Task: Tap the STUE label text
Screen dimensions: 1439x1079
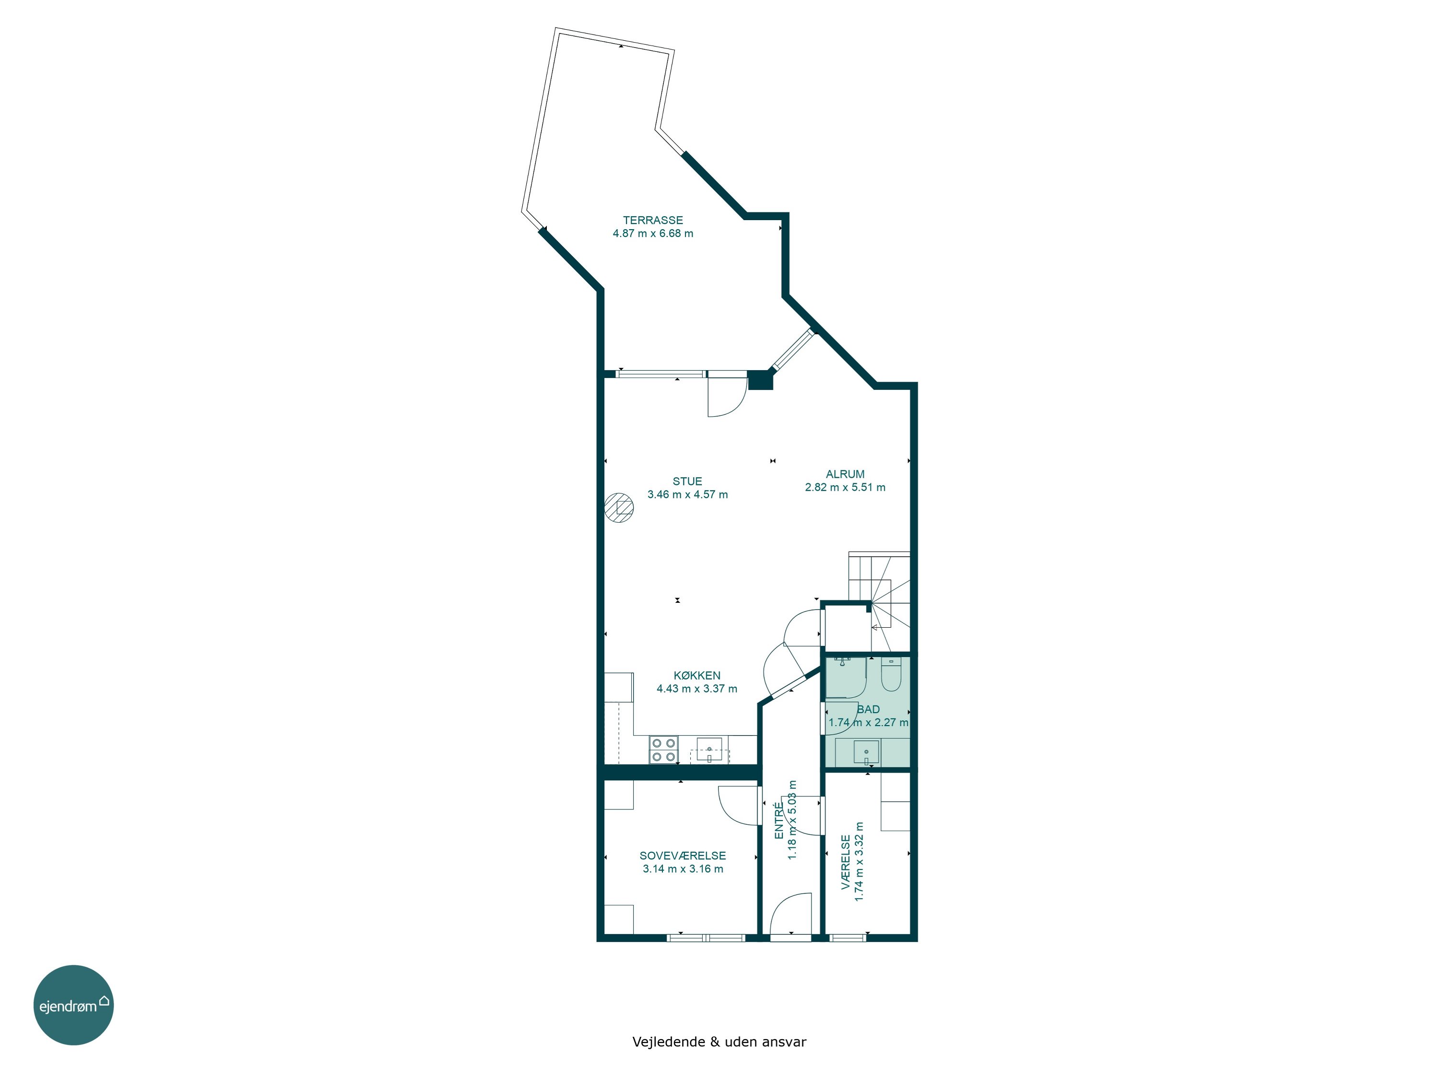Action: [687, 481]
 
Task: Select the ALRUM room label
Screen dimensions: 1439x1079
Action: [845, 474]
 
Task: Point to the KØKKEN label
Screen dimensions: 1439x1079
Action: [697, 676]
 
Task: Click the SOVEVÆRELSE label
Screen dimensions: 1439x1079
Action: [683, 856]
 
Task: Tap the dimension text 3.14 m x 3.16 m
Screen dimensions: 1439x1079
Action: [683, 869]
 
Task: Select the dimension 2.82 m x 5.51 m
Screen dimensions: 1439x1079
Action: [845, 487]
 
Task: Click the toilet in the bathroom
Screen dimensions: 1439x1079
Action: [891, 674]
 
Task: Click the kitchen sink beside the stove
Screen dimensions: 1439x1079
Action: [709, 749]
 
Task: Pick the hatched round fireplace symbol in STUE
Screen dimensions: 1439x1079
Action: [619, 508]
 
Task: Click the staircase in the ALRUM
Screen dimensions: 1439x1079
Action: [879, 602]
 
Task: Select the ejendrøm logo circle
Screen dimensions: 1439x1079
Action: [73, 1005]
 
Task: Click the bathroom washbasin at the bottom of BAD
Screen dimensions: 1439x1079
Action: [866, 752]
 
